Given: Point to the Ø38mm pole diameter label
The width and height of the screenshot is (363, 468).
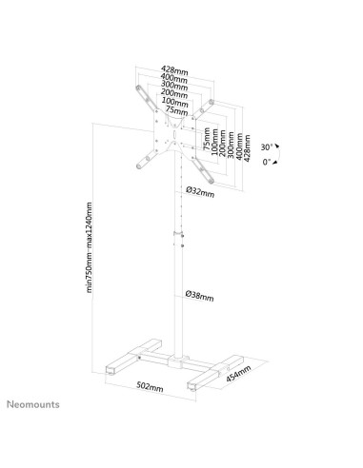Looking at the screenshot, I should coord(199,297).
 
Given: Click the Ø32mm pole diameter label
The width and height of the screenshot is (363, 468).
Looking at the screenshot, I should coord(199,191).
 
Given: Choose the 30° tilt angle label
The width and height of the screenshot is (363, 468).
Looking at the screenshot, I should coord(268,147).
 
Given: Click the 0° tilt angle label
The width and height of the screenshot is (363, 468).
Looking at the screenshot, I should coord(270,164).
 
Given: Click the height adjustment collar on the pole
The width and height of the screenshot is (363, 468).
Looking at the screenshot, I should coord(175,233).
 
